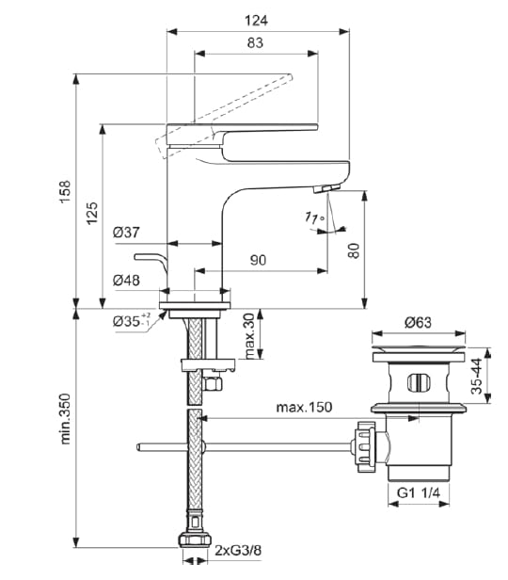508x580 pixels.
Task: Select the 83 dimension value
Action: pyautogui.click(x=254, y=41)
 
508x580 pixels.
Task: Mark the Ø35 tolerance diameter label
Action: pyautogui.click(x=131, y=320)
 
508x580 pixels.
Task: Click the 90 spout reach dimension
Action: pyautogui.click(x=259, y=260)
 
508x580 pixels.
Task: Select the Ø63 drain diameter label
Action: pyautogui.click(x=418, y=322)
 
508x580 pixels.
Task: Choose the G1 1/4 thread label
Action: pyautogui.click(x=418, y=491)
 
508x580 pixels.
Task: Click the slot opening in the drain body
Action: pyautogui.click(x=419, y=384)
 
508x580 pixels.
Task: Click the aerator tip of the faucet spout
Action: pyautogui.click(x=322, y=191)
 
